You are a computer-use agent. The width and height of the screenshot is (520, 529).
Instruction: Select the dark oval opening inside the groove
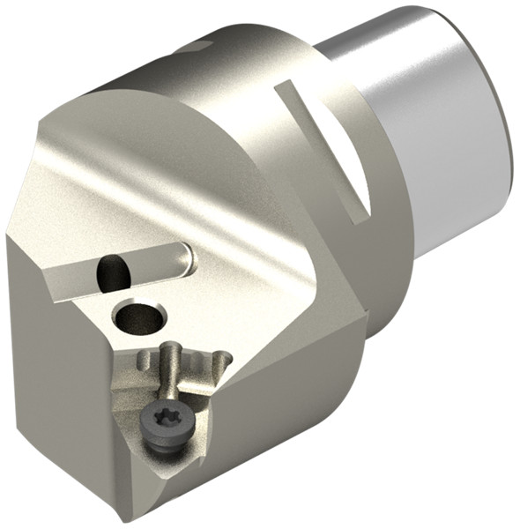115,271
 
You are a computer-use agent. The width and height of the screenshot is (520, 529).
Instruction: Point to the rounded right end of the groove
185,257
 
